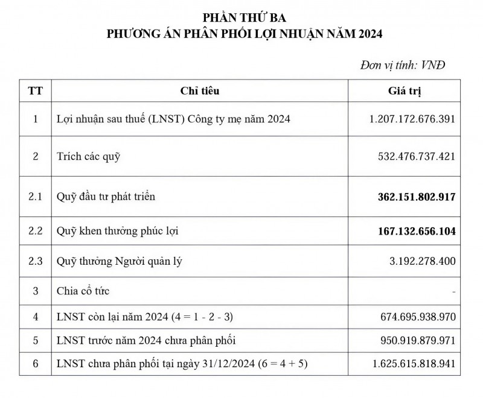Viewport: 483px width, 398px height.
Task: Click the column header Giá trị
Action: click(403, 91)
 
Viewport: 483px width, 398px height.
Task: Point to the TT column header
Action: click(36, 91)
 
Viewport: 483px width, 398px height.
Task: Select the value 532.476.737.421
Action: click(416, 157)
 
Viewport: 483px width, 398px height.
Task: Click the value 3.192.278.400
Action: click(420, 262)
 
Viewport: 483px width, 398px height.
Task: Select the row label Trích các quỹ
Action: click(89, 157)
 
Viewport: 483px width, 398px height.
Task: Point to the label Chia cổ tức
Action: click(83, 291)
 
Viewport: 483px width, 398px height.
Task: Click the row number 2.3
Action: click(36, 262)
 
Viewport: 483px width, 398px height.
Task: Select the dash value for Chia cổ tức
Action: click(452, 291)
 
